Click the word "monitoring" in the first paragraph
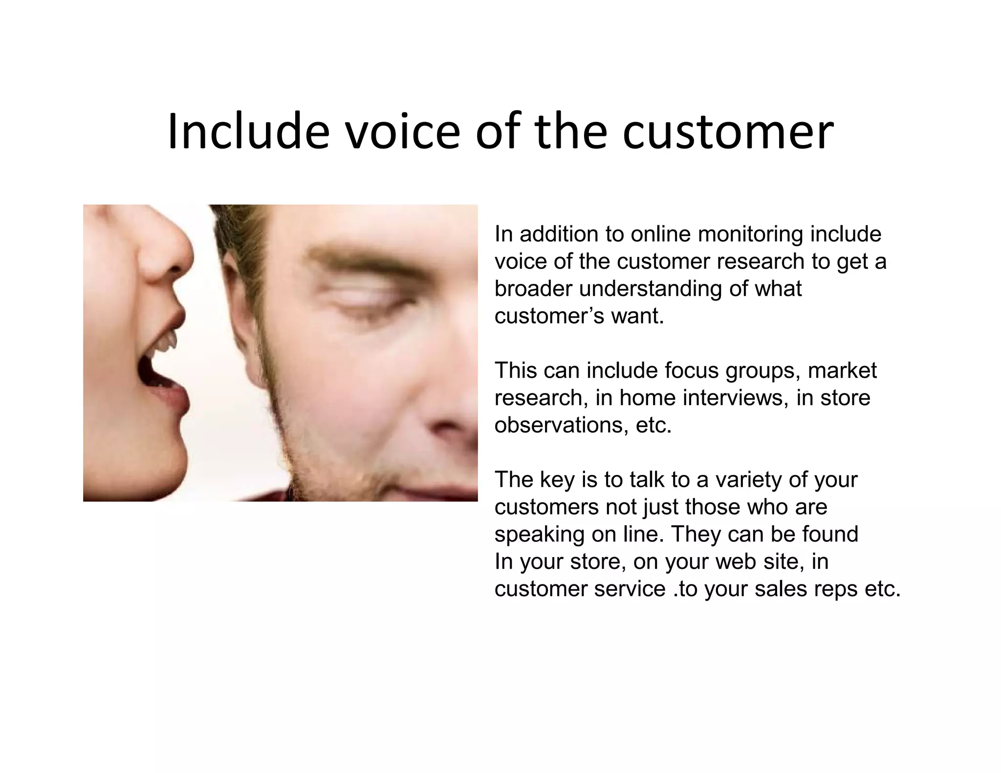pos(750,235)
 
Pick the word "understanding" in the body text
pos(651,289)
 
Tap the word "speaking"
pos(539,535)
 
